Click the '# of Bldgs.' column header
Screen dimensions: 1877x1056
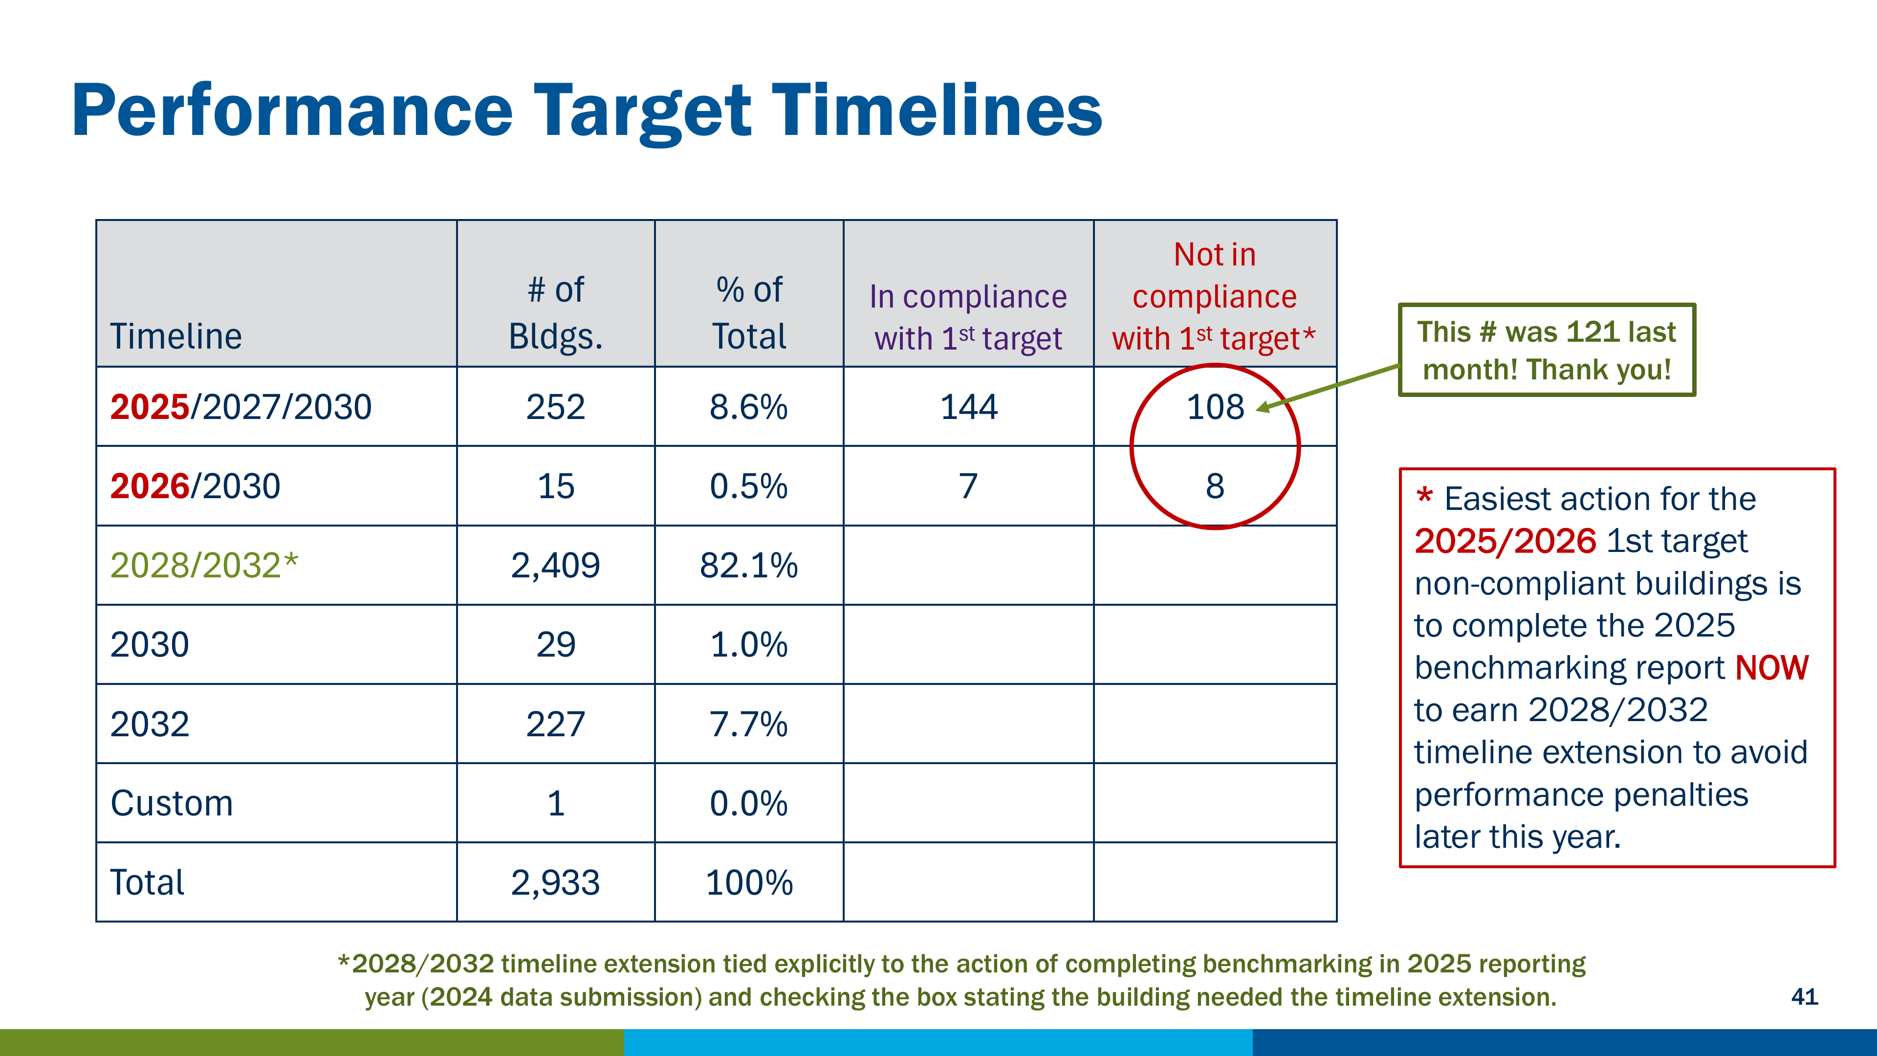(556, 313)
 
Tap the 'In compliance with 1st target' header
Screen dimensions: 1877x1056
(968, 317)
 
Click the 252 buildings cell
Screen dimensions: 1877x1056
(555, 407)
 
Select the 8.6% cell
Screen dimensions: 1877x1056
(748, 407)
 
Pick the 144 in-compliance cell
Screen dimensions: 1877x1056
(968, 407)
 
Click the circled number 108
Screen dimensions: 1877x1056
(1215, 407)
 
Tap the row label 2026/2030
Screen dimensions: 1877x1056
(196, 486)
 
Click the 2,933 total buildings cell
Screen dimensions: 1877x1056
(555, 882)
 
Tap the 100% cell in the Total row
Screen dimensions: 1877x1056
(749, 882)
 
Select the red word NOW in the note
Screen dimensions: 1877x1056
(1771, 667)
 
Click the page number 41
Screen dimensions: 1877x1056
(1804, 996)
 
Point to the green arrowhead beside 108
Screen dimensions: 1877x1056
(1263, 407)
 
